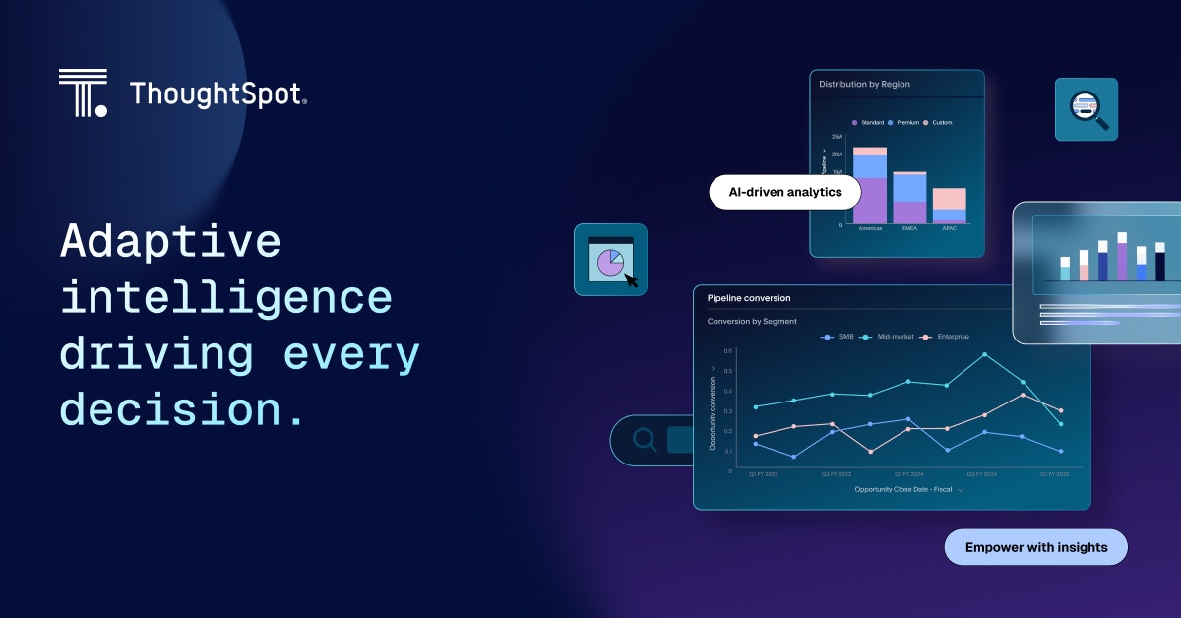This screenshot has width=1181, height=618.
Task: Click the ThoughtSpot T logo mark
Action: coord(83,93)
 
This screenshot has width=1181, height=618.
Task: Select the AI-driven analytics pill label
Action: coord(784,192)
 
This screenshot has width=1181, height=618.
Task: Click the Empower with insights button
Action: coord(1035,547)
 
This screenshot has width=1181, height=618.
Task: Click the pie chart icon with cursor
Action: coord(610,261)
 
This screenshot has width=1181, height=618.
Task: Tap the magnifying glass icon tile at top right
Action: coord(1087,109)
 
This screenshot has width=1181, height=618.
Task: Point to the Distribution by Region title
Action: coord(864,85)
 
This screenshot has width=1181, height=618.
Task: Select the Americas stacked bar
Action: coord(870,186)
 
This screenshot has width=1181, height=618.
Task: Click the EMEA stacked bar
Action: coord(909,199)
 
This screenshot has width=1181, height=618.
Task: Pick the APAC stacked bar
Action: coord(949,207)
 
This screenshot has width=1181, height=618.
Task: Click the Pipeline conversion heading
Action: coord(748,298)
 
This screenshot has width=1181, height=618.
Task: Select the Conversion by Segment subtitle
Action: coord(752,322)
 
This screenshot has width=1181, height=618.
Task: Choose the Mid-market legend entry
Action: coord(887,337)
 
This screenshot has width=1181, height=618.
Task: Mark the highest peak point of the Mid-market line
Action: coord(984,354)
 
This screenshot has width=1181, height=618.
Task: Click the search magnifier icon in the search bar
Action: coord(645,440)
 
